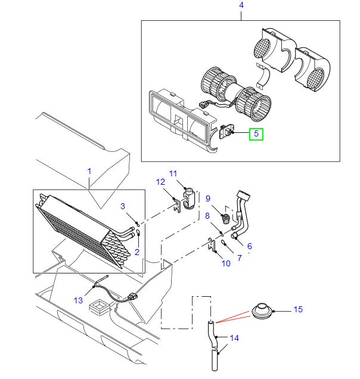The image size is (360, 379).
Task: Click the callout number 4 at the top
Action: pyautogui.click(x=241, y=5)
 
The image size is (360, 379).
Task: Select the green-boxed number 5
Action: pyautogui.click(x=256, y=133)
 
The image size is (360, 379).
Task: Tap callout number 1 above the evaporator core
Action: pyautogui.click(x=89, y=171)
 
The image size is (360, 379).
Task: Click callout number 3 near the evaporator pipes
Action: pyautogui.click(x=122, y=206)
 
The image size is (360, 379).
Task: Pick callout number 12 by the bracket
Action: pyautogui.click(x=160, y=181)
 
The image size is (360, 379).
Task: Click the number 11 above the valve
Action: pyautogui.click(x=173, y=173)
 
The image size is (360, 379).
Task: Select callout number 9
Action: pyautogui.click(x=209, y=198)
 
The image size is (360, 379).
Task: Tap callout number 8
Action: pyautogui.click(x=207, y=216)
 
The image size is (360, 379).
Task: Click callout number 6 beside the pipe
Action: pyautogui.click(x=249, y=246)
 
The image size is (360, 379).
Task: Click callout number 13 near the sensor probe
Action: pyautogui.click(x=79, y=300)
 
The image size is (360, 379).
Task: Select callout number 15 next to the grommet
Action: pyautogui.click(x=298, y=309)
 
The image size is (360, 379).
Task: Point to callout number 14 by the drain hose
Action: pyautogui.click(x=234, y=338)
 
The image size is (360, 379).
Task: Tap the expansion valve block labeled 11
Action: pyautogui.click(x=188, y=198)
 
